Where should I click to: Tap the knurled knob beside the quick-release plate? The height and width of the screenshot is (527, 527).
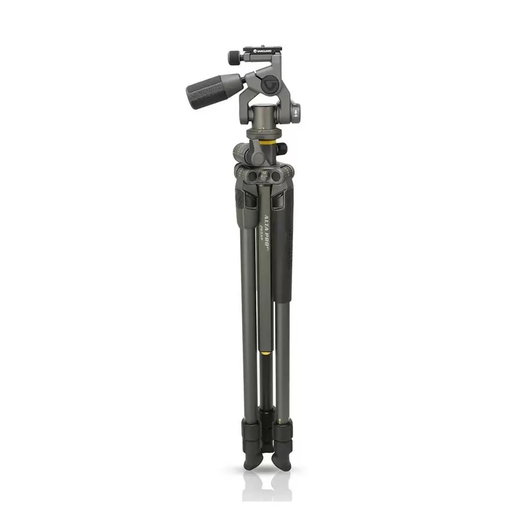pos(233,58)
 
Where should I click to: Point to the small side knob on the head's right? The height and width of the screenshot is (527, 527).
pos(297,112)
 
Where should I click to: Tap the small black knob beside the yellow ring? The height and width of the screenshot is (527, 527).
pos(283,149)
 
